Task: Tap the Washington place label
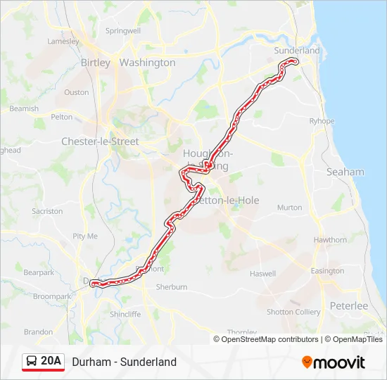[147, 63]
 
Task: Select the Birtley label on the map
[96, 63]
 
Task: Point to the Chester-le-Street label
[100, 141]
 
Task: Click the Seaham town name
[345, 172]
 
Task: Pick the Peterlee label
[349, 306]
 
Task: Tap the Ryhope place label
[322, 121]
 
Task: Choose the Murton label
[289, 208]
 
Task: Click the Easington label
[328, 271]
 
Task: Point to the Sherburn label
[172, 287]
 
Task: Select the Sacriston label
[47, 211]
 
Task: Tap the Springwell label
[123, 31]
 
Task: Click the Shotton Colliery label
[293, 312]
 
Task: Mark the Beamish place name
[25, 108]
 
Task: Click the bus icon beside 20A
[32, 362]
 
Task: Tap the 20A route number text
[51, 362]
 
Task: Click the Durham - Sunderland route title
[124, 362]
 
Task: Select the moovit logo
[334, 362]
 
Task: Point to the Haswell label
[262, 274]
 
